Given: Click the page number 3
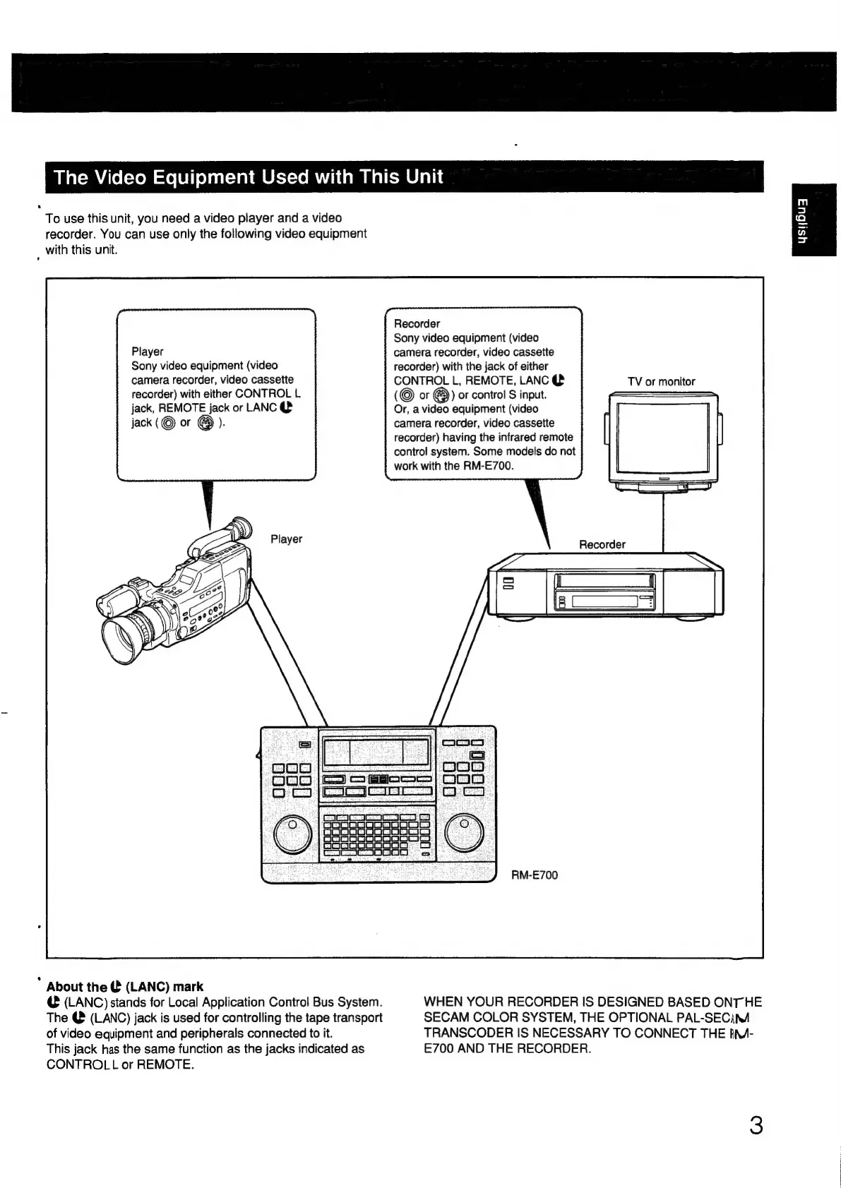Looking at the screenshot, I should tap(756, 1125).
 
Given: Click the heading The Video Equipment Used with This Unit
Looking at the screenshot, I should tap(249, 176).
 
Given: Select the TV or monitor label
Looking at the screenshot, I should tap(661, 382).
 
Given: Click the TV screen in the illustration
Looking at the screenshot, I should tap(662, 439).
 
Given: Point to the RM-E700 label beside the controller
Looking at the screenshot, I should tap(535, 875).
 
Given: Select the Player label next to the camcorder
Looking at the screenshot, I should tap(286, 539).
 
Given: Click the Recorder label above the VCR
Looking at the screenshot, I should tap(602, 544).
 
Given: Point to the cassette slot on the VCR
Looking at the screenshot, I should tap(605, 582).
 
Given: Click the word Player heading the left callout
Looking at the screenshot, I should tap(147, 352).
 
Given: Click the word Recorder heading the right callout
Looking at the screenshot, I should tap(417, 323).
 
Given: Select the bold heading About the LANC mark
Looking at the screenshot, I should tap(125, 987).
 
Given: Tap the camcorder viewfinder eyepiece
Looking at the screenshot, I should tap(242, 527).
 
